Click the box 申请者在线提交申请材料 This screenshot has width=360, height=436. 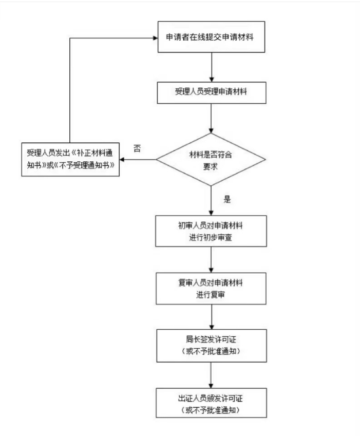coord(212,37)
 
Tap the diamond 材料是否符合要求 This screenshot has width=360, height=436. coord(212,159)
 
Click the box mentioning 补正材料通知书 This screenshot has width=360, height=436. coord(70,159)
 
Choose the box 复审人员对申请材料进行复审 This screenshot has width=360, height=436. coord(212,287)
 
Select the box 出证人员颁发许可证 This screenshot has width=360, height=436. coord(212,403)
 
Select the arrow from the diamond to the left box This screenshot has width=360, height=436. coord(139,159)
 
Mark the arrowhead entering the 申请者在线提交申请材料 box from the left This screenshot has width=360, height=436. coord(154,37)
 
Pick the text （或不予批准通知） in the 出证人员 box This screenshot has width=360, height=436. coord(212,409)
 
